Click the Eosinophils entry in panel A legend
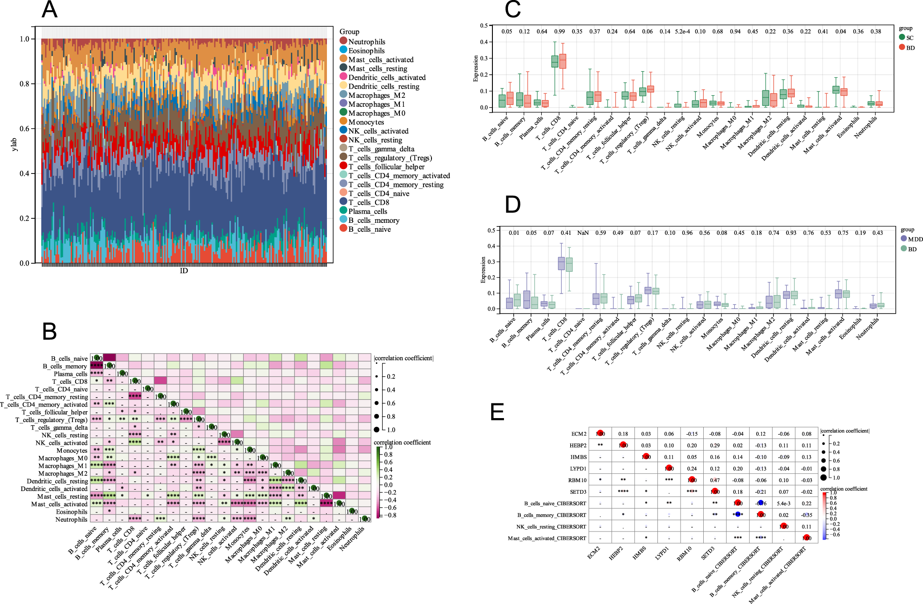(366, 51)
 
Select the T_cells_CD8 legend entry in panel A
(368, 202)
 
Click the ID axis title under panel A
(184, 271)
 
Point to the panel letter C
(512, 10)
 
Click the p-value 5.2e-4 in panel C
(682, 32)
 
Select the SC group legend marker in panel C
(902, 37)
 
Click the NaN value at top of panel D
(583, 233)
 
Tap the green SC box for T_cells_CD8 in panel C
(555, 61)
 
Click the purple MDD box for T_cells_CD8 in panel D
(561, 263)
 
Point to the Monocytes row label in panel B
(72, 451)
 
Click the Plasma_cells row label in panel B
(70, 374)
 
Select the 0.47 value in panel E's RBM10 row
(715, 480)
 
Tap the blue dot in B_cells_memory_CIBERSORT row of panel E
(738, 514)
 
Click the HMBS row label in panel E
(578, 457)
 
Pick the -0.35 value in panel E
(806, 515)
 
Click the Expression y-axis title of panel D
(483, 270)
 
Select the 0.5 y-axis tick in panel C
(484, 26)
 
